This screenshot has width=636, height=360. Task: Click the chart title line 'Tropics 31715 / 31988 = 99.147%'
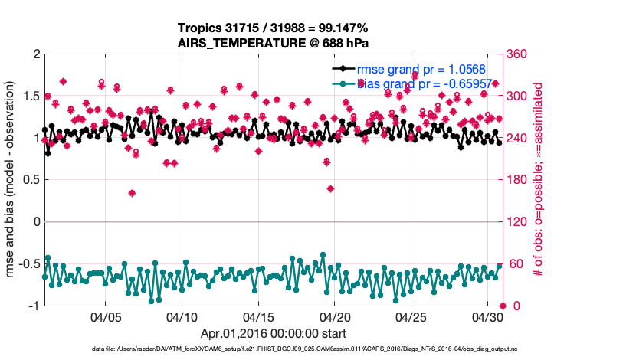(274, 28)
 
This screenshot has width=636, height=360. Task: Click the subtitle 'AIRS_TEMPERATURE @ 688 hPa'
(274, 43)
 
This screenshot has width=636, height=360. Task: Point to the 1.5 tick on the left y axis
(31, 97)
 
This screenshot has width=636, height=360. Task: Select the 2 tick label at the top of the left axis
(36, 54)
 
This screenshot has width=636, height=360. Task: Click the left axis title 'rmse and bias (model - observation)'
(12, 180)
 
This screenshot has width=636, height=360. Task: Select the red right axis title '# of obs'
(538, 180)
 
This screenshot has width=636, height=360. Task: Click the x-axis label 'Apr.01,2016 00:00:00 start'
(274, 333)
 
